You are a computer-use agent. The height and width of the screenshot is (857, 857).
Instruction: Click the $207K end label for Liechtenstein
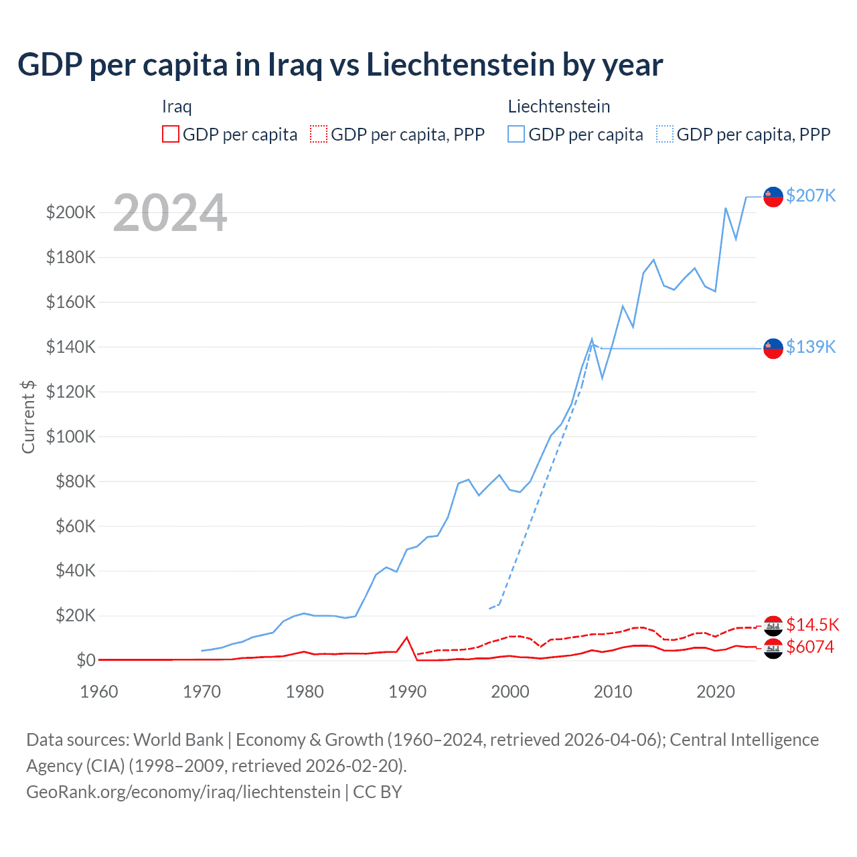tap(811, 196)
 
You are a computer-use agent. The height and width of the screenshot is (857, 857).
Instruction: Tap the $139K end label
tap(811, 347)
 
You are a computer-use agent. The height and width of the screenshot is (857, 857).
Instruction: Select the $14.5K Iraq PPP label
tap(812, 625)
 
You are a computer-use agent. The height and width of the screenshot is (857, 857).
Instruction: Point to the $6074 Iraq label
tap(810, 647)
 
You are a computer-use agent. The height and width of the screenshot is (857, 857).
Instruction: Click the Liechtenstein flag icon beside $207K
tap(773, 197)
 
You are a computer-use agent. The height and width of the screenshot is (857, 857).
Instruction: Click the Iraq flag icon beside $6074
tap(773, 648)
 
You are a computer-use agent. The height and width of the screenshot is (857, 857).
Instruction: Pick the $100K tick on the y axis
tap(71, 437)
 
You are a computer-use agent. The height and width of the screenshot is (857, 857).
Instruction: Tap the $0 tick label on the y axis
tap(86, 660)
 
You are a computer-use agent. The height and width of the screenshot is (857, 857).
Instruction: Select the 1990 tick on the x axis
tap(407, 692)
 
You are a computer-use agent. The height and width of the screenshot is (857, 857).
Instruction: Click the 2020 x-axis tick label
tap(716, 692)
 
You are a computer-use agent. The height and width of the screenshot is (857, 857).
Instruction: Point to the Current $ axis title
tap(28, 416)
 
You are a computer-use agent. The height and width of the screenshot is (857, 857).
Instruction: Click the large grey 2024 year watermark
tap(170, 213)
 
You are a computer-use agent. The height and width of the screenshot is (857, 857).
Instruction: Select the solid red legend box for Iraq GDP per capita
tap(171, 134)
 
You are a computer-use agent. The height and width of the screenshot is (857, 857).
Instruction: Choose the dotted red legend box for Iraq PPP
tap(319, 134)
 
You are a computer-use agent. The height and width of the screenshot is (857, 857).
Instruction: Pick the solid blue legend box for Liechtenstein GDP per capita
tap(516, 134)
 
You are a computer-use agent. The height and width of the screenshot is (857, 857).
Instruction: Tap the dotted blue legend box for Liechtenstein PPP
tap(665, 134)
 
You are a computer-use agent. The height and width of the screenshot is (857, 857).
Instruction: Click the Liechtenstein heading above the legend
tap(559, 106)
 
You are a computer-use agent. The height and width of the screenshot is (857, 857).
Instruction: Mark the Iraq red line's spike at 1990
tap(406, 637)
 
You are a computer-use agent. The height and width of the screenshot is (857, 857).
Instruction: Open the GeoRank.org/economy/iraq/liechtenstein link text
tap(183, 791)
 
